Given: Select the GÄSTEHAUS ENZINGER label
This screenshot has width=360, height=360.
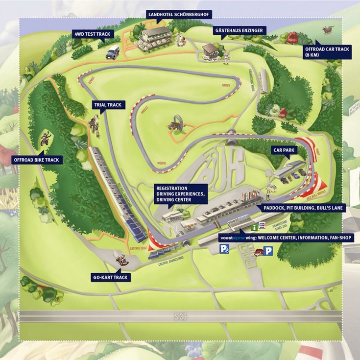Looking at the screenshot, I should coord(240,30).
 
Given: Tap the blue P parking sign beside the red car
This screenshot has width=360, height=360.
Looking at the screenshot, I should coord(268,251).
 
